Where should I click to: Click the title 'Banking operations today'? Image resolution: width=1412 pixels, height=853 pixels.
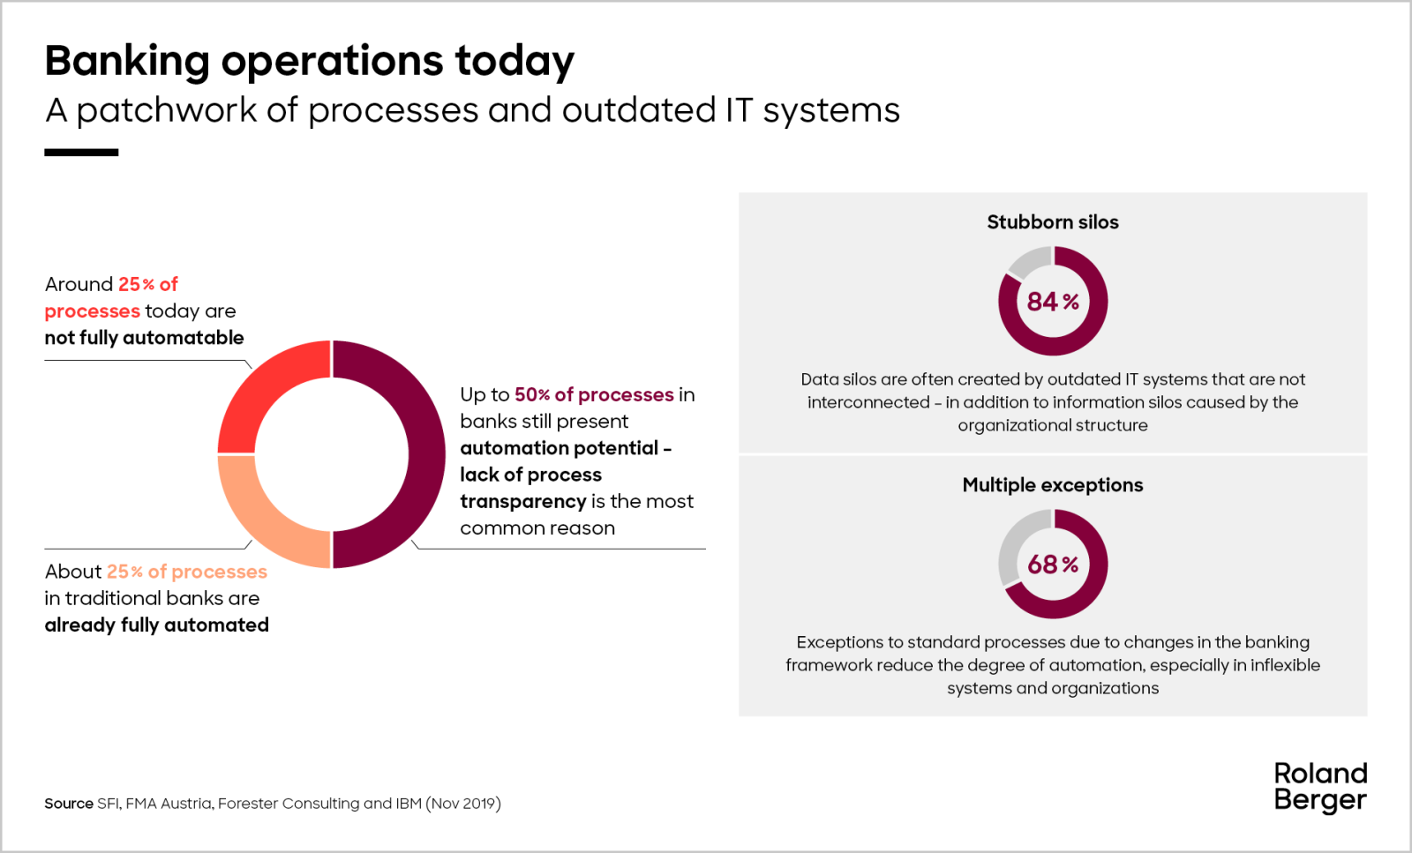tap(309, 61)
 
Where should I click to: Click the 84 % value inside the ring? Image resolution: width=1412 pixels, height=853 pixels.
tap(1052, 302)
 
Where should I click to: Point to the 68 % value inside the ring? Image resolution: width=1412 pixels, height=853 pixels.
tap(1052, 565)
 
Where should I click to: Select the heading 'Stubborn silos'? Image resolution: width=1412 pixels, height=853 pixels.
tap(1052, 222)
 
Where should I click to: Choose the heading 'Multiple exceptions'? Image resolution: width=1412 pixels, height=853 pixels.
tap(1052, 485)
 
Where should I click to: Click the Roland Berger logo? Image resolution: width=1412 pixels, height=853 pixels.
tap(1319, 786)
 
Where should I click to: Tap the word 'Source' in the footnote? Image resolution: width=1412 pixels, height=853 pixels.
tap(69, 804)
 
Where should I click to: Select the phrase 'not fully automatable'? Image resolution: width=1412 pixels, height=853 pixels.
tap(144, 338)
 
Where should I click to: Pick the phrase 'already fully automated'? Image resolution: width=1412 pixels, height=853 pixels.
tap(156, 625)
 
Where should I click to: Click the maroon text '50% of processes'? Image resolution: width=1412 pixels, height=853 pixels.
tap(594, 395)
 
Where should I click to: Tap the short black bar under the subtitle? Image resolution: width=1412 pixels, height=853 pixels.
tap(81, 153)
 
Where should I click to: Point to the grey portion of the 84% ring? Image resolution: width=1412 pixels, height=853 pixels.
tap(1029, 259)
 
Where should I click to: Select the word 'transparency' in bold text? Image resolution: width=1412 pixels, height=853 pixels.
tap(522, 502)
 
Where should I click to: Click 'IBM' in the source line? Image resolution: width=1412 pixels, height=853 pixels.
tap(409, 804)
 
